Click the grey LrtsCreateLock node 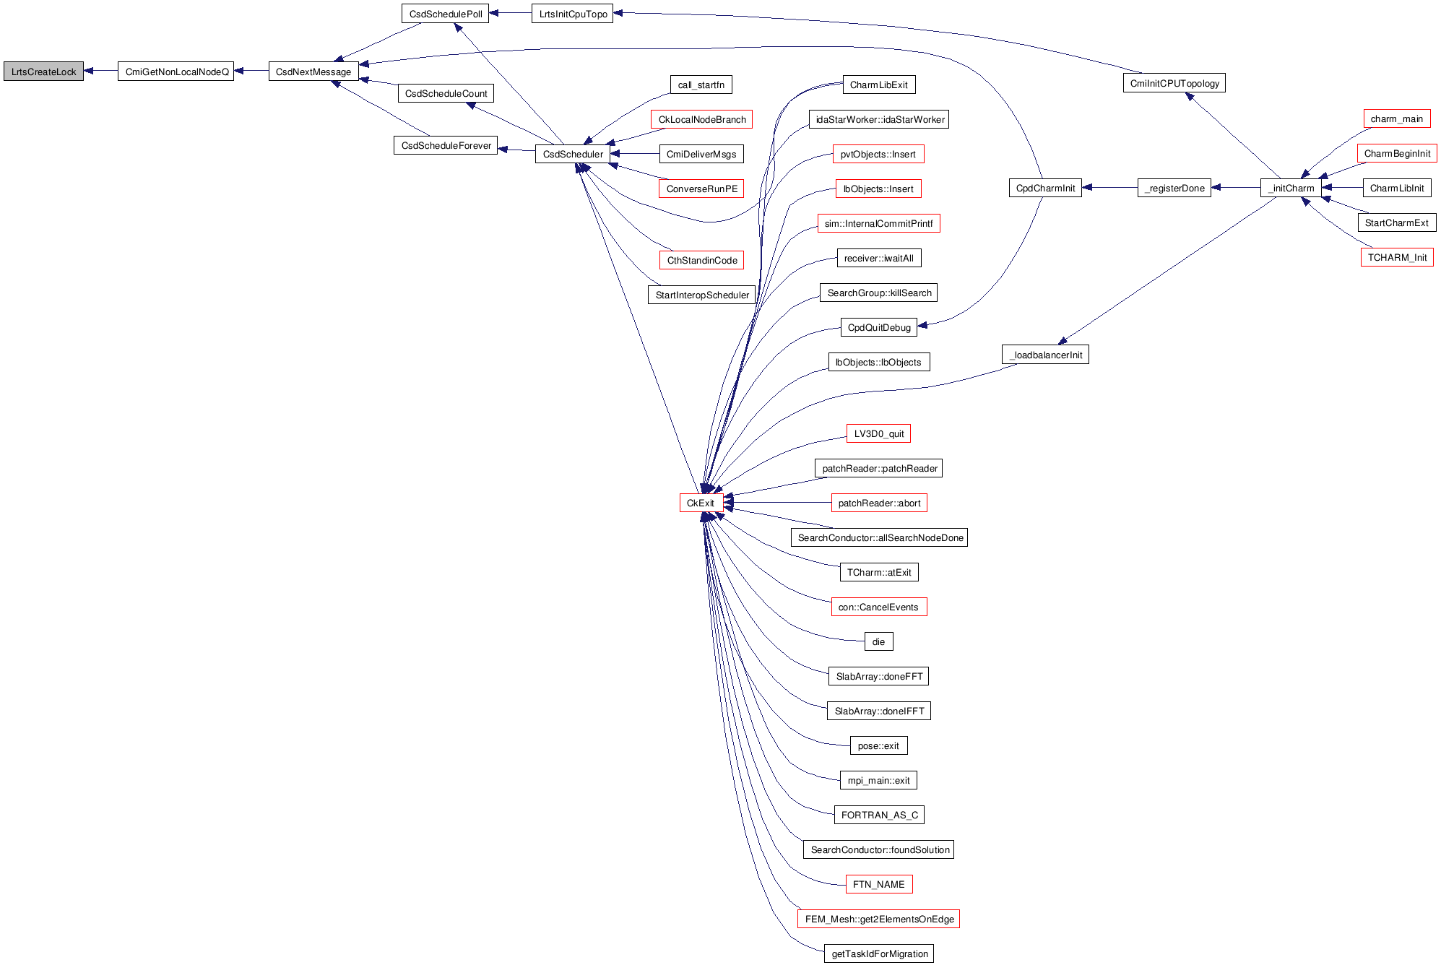tap(43, 72)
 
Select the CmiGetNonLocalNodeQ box tap(176, 72)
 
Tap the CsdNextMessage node tap(313, 72)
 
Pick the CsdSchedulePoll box tap(445, 14)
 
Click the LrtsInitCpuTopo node tap(572, 14)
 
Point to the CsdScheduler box tap(572, 154)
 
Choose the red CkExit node tap(701, 503)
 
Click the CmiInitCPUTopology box tap(1174, 83)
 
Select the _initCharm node tap(1291, 188)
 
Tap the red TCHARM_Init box tap(1396, 257)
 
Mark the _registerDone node tap(1174, 188)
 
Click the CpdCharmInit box tap(1044, 188)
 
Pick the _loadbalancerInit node tap(1045, 355)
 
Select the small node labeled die tap(878, 641)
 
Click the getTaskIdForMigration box tap(879, 953)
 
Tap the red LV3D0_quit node tap(878, 433)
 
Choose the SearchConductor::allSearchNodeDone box tap(879, 537)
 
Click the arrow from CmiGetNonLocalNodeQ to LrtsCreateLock tap(100, 71)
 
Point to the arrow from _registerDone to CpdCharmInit tap(1109, 188)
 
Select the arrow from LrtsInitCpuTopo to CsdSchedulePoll tap(510, 13)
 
